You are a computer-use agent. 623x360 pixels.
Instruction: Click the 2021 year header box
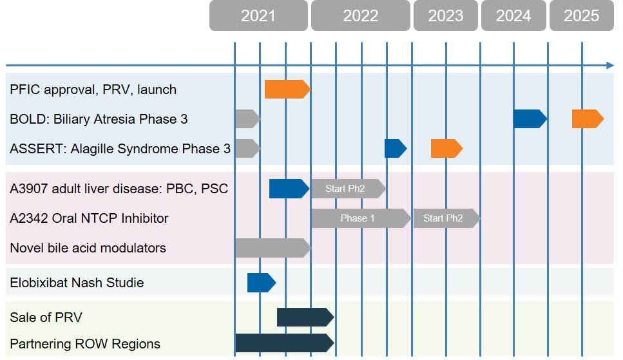(x=258, y=15)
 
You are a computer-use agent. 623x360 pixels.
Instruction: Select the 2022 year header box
(x=360, y=15)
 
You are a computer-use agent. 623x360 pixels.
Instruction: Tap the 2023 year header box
(x=446, y=15)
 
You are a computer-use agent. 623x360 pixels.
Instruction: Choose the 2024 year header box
(x=513, y=15)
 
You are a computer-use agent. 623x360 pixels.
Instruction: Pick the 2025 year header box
(x=582, y=15)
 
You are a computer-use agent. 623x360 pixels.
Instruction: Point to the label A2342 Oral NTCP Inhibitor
(x=89, y=218)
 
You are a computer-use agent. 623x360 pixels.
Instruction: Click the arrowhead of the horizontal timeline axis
(x=610, y=65)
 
